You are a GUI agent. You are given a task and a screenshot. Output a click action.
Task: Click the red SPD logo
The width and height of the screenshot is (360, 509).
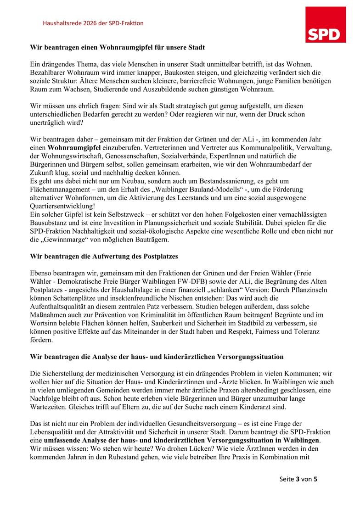(326, 24)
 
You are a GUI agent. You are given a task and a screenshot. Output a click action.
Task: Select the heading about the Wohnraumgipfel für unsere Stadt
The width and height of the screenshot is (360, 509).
(117, 47)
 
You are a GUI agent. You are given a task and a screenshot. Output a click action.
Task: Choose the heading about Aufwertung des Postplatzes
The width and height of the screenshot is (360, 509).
(104, 256)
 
